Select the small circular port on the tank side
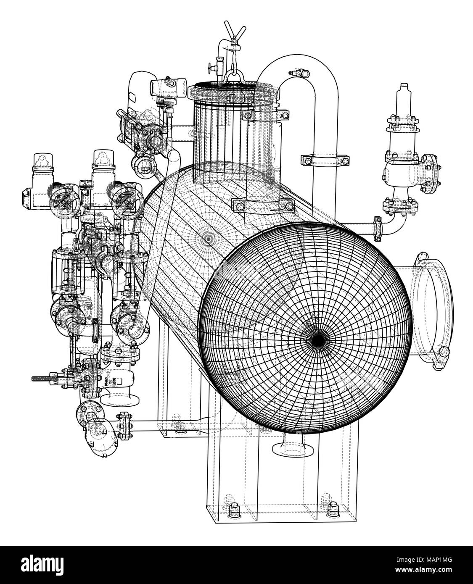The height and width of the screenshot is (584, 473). (208, 239)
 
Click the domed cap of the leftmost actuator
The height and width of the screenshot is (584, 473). (41, 158)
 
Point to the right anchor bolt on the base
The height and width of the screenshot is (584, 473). (332, 507)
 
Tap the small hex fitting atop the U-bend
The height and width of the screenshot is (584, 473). (301, 74)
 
